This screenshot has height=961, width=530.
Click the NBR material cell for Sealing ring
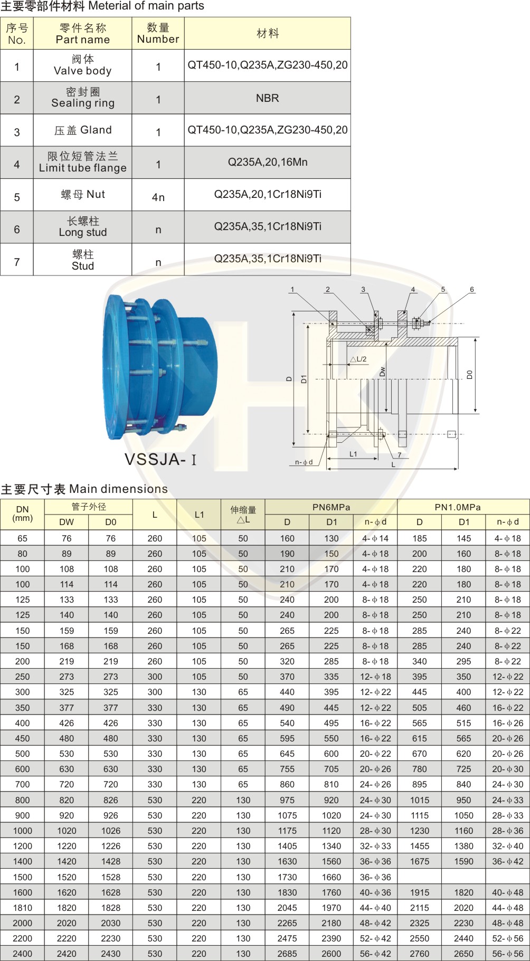[x=267, y=98]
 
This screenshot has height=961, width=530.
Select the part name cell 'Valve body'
[x=82, y=65]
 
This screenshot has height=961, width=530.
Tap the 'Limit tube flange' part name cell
[x=82, y=162]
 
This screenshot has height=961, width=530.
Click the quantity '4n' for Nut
[x=158, y=197]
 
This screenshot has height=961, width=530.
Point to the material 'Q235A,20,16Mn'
[x=267, y=162]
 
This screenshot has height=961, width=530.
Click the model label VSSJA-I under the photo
[x=160, y=459]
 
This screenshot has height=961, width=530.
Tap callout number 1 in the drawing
[x=292, y=289]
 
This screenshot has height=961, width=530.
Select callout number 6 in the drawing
[x=472, y=289]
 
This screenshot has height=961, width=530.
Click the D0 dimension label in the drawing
[x=469, y=375]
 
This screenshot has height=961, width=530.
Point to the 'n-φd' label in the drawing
[x=304, y=462]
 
